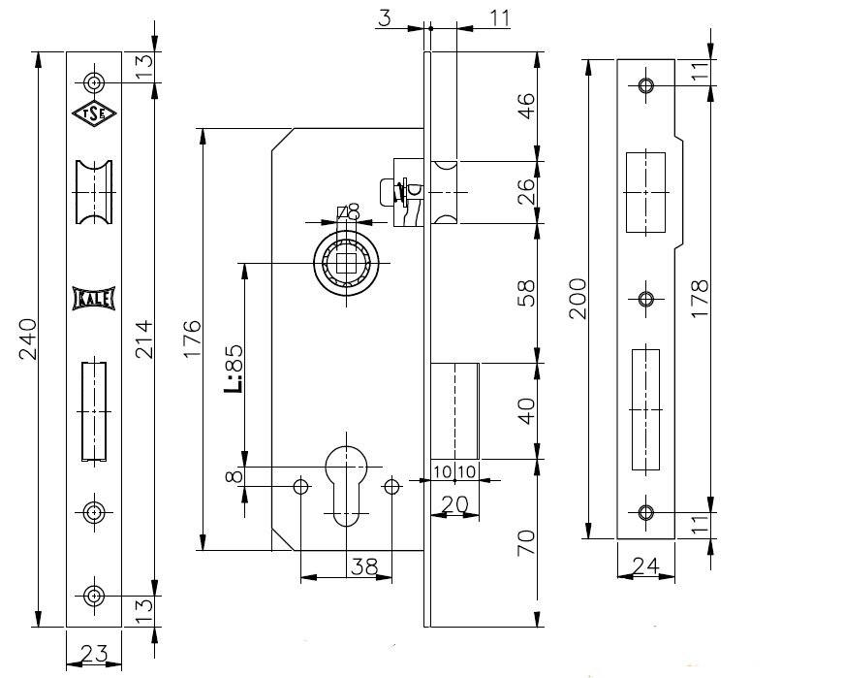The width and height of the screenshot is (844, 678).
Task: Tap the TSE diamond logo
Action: pos(94,113)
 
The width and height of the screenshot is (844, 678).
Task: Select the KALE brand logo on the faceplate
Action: pos(94,299)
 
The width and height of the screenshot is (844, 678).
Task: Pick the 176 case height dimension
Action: pos(191,339)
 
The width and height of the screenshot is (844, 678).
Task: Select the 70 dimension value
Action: pos(525,542)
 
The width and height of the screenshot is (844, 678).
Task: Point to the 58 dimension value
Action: pos(525,293)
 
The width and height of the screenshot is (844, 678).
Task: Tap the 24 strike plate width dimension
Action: pos(645,564)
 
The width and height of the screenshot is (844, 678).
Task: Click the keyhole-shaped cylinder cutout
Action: pos(346,480)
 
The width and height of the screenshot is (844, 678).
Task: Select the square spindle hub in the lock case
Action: pos(346,263)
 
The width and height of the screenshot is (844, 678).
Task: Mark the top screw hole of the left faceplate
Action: pos(94,81)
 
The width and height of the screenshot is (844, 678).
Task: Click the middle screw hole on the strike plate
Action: pos(646,299)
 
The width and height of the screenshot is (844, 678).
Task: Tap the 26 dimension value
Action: pos(525,192)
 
